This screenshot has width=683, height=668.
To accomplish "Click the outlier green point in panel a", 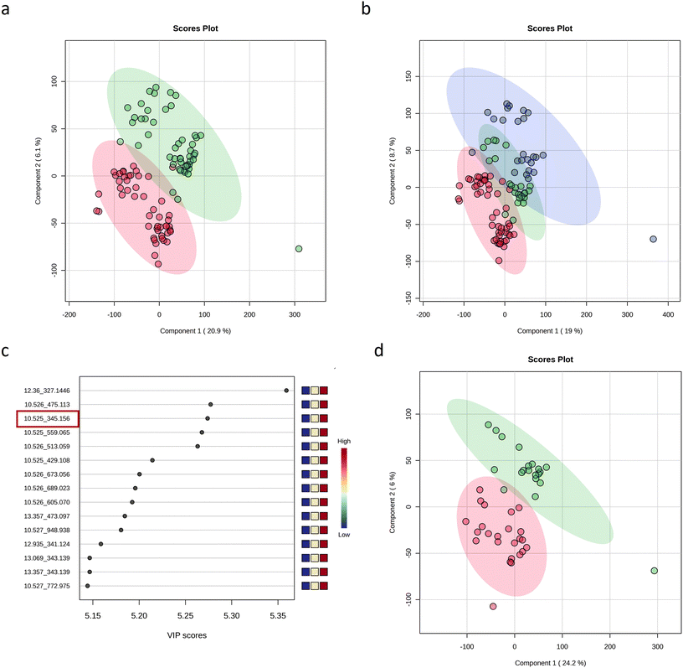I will pyautogui.click(x=299, y=249).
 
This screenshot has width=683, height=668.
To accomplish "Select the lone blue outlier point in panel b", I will pyautogui.click(x=653, y=239).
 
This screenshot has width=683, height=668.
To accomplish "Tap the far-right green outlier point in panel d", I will pyautogui.click(x=655, y=571).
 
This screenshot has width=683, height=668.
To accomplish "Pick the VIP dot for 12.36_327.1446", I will pyautogui.click(x=286, y=390).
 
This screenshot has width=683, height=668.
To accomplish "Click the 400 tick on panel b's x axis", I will pyautogui.click(x=668, y=315).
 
